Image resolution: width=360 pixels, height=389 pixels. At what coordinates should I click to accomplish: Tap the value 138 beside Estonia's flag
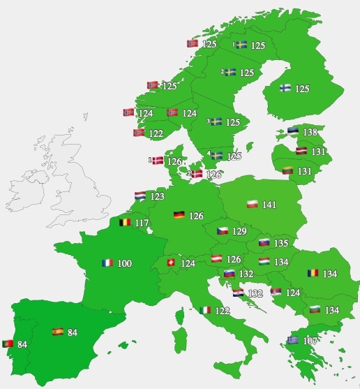310,132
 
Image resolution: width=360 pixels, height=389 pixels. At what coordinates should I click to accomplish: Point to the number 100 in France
125,263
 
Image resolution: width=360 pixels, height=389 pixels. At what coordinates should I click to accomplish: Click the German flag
179,215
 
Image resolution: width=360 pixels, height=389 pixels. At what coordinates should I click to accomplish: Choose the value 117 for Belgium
143,223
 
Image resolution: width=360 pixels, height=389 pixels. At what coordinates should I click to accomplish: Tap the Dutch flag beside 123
140,197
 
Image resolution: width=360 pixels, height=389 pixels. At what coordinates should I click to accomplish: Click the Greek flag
292,340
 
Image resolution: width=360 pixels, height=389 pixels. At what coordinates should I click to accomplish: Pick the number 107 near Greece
310,341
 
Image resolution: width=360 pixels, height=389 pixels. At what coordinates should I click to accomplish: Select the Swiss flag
169,263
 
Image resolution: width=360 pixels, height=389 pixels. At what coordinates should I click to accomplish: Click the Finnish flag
286,89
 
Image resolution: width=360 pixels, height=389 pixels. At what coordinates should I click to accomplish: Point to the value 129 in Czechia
240,231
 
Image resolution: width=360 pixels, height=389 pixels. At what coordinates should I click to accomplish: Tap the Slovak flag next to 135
264,243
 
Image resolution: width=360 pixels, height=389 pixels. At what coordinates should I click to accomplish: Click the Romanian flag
312,273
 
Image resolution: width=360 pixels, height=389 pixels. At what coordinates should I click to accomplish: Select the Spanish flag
57,332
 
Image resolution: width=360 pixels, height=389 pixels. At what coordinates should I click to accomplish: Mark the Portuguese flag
8,344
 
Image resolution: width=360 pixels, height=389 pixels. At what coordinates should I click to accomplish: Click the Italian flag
205,310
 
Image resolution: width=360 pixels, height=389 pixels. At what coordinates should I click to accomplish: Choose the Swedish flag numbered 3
216,122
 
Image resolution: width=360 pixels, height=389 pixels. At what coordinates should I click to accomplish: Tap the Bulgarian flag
315,309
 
